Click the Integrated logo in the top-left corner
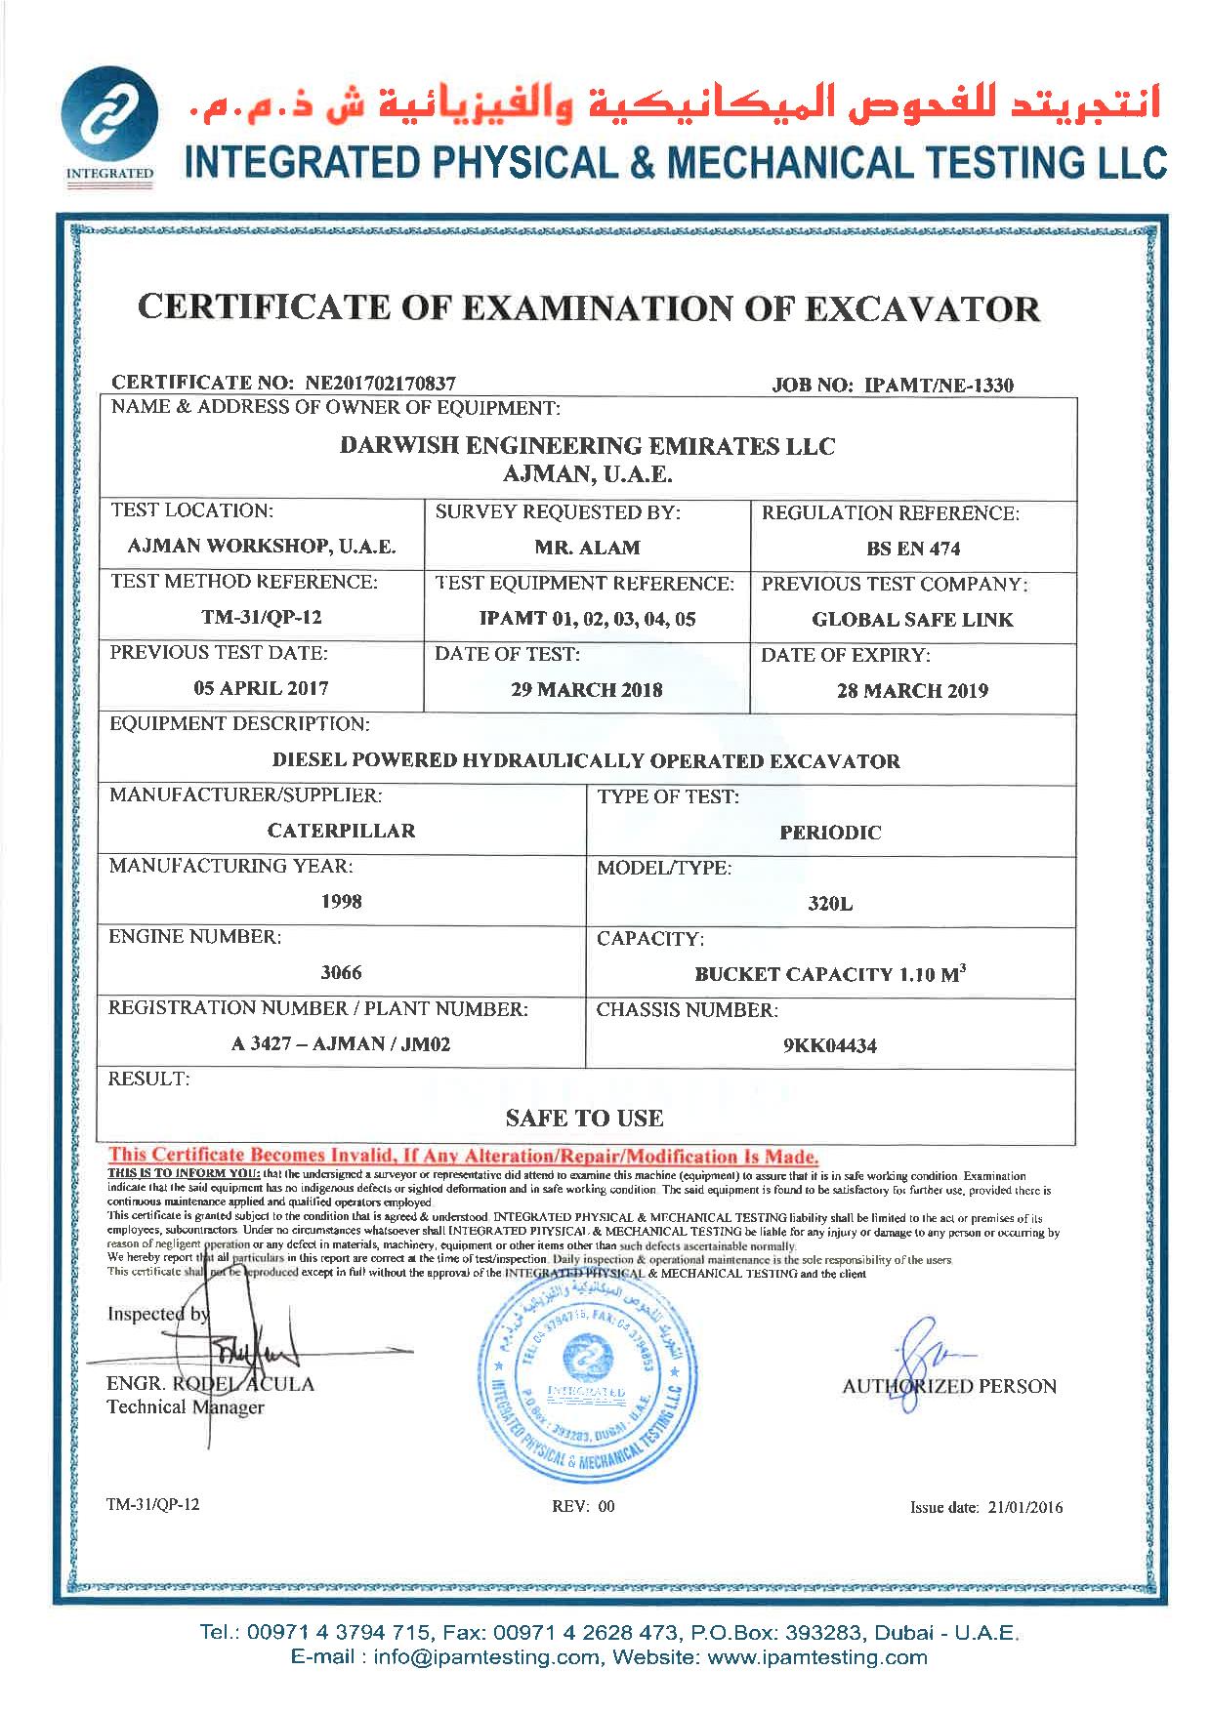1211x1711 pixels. [x=109, y=128]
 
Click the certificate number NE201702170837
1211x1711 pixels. [x=381, y=384]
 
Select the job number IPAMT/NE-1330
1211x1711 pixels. [x=940, y=385]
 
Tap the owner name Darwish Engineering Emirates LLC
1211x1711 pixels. [x=587, y=446]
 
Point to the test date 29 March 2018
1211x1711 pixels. [x=587, y=690]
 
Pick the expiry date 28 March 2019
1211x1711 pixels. [x=912, y=691]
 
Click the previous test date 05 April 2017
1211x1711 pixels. [x=261, y=688]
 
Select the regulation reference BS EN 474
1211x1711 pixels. [x=913, y=549]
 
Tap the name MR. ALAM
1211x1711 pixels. [x=587, y=548]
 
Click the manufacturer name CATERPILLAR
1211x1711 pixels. [x=342, y=831]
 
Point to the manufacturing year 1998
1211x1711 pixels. [x=342, y=901]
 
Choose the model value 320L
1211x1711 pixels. [x=830, y=904]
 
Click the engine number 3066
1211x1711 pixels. [x=342, y=972]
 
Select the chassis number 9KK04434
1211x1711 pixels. [x=830, y=1045]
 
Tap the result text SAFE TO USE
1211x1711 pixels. [x=585, y=1118]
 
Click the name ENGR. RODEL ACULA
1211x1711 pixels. [x=211, y=1384]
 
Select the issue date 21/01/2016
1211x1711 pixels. [x=1020, y=1507]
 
